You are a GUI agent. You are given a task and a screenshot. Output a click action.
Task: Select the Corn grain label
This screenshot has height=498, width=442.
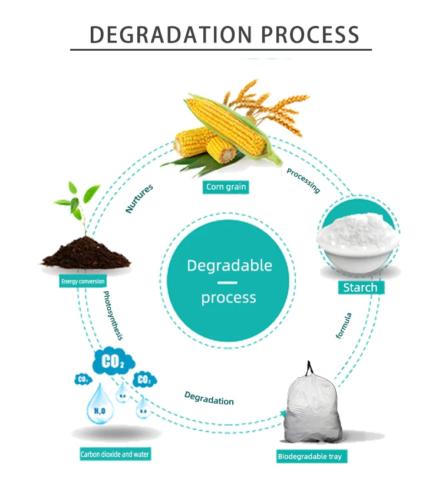click(226, 187)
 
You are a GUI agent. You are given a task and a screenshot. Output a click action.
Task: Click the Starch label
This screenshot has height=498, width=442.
click(360, 288)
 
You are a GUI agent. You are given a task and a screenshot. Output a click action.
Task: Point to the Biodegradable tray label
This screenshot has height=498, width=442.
click(309, 456)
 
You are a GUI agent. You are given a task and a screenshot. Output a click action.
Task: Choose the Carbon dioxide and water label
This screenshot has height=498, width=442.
click(120, 455)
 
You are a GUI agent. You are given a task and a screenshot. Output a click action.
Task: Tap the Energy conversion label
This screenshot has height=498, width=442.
click(83, 281)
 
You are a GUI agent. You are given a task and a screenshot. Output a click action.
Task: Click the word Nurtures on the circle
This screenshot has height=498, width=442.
click(140, 198)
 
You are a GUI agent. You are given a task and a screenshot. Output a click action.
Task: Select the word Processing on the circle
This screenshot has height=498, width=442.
click(303, 180)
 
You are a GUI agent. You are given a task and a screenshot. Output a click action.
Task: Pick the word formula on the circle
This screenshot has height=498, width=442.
click(344, 325)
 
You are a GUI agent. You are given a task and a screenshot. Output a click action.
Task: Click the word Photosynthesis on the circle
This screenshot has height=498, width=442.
click(113, 315)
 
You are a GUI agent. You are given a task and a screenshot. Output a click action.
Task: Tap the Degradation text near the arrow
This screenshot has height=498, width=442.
click(209, 398)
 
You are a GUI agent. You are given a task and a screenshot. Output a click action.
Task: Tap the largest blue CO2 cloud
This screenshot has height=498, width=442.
click(113, 361)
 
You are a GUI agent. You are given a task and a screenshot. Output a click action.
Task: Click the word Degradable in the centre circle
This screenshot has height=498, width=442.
click(229, 266)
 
